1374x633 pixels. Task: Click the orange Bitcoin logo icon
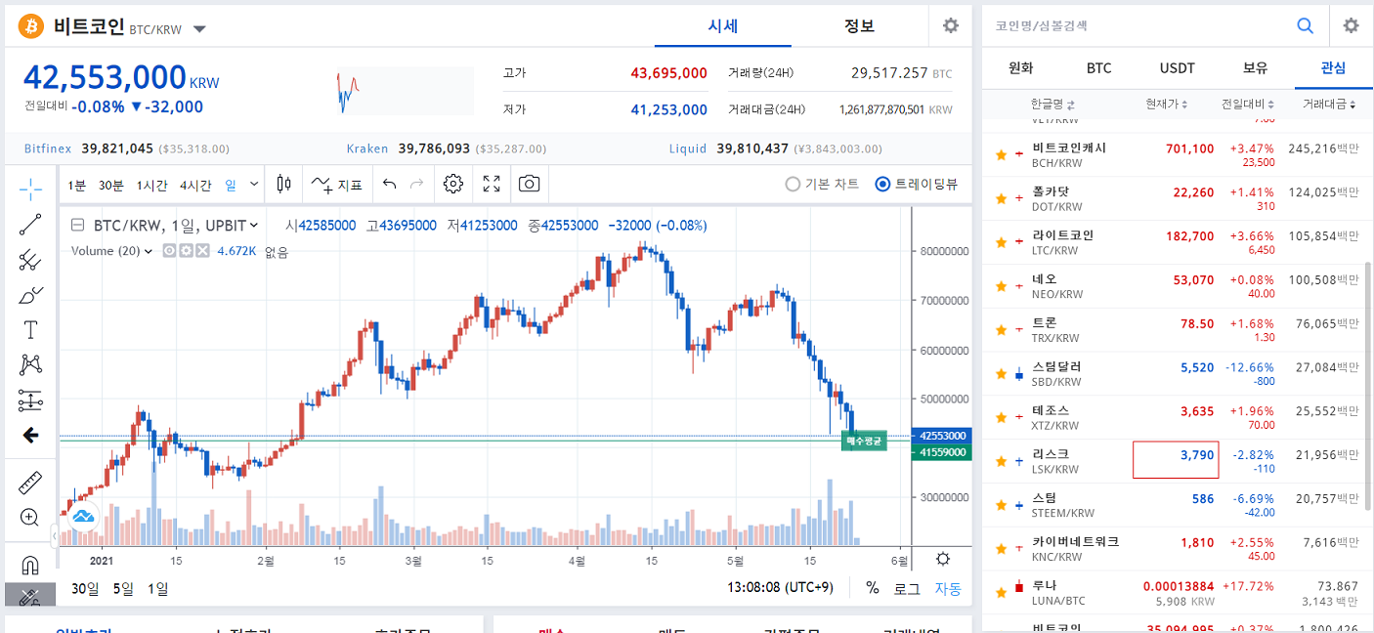point(32,26)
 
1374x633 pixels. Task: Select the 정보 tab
point(859,26)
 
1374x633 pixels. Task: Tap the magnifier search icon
point(1305,26)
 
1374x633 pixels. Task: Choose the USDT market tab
point(1177,68)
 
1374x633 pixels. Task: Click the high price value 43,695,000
point(668,73)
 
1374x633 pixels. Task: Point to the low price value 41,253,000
point(668,109)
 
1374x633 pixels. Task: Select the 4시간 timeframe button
point(195,185)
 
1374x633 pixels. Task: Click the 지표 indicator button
point(337,185)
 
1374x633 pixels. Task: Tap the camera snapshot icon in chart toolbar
point(529,184)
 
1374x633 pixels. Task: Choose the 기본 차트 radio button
point(794,184)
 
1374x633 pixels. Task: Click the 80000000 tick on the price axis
point(943,251)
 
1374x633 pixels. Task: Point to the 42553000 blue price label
point(942,436)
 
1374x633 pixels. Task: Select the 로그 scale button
point(907,589)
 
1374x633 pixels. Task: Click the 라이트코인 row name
point(1063,235)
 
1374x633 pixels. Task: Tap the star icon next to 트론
point(1001,330)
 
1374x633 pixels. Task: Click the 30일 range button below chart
point(85,589)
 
